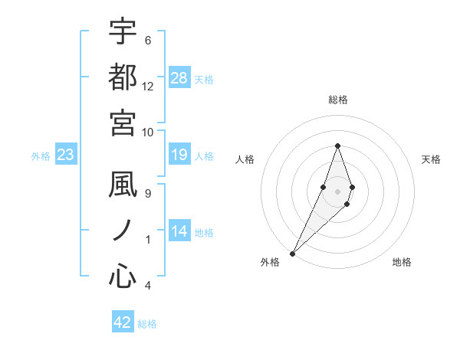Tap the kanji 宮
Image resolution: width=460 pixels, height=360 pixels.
123,122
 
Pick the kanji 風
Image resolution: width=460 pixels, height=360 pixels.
123,186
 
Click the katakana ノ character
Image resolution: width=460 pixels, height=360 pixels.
123,231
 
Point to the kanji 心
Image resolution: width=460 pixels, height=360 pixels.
123,277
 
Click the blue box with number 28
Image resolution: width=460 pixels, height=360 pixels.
179,78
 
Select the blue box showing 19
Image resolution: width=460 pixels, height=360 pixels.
179,155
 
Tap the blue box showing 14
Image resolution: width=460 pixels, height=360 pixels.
179,232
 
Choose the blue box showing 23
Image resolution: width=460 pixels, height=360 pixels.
66,155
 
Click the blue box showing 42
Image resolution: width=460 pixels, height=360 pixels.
123,322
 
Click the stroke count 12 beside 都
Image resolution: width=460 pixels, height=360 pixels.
148,87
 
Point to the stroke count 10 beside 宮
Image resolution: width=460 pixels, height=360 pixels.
148,132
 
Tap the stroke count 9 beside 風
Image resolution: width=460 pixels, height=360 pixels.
148,194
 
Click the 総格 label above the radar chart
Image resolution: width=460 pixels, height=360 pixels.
338,100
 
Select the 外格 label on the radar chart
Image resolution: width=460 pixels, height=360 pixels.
270,263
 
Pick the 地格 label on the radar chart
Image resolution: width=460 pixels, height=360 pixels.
402,263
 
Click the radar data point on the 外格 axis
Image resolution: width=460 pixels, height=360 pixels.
293,253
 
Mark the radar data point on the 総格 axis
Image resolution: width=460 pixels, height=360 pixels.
337,146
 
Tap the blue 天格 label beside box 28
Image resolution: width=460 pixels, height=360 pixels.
204,79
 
